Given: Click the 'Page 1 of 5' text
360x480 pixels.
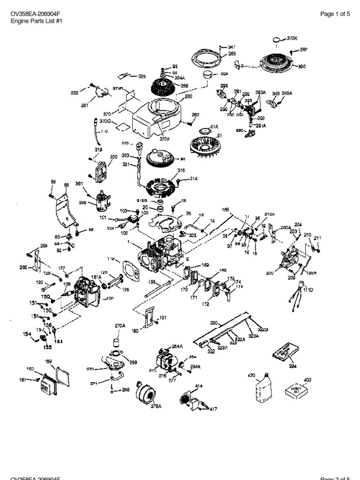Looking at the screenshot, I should (335, 14).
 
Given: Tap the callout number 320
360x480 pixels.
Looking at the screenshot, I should (113, 157).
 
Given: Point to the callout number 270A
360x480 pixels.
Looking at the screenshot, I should (120, 325).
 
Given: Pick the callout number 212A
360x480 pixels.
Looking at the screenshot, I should (269, 215).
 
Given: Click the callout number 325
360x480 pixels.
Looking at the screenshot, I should (142, 76).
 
